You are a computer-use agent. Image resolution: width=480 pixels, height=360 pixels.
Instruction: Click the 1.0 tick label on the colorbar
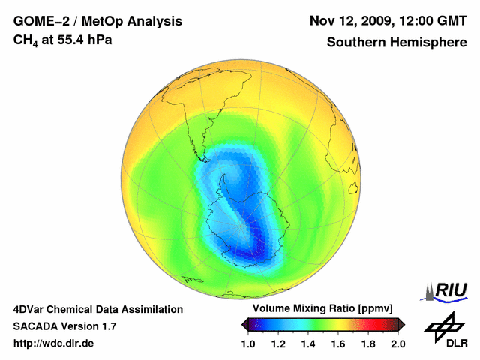pyautogui.click(x=248, y=343)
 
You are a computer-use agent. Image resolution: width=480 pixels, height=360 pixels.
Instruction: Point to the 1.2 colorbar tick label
pyautogui.click(x=278, y=343)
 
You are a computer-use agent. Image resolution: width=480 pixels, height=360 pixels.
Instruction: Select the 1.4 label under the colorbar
pyautogui.click(x=308, y=343)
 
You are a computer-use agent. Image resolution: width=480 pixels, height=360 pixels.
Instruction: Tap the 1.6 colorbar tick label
pyautogui.click(x=338, y=343)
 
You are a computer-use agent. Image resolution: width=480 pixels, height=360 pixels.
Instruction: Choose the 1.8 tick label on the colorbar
pyautogui.click(x=368, y=343)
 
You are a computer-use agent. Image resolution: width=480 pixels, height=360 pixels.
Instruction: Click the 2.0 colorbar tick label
pyautogui.click(x=398, y=343)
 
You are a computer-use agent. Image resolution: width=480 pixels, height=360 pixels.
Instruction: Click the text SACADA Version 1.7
pyautogui.click(x=64, y=326)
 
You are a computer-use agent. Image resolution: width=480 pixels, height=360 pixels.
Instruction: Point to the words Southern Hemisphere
pyautogui.click(x=397, y=42)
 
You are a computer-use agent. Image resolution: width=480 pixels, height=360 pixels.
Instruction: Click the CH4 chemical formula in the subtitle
pyautogui.click(x=27, y=40)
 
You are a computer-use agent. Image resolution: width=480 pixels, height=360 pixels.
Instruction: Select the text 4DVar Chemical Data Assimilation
pyautogui.click(x=98, y=309)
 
